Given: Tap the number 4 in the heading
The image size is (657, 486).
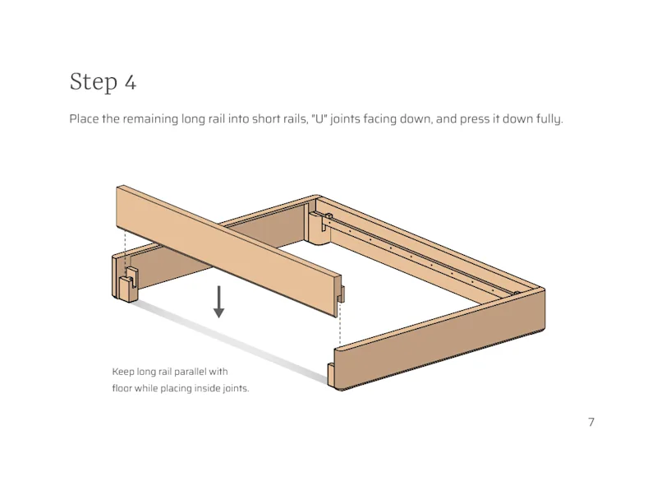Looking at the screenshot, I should click(x=130, y=82).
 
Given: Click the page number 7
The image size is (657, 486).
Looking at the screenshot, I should click(x=590, y=423).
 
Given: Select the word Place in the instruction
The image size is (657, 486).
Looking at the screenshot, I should click(x=83, y=119).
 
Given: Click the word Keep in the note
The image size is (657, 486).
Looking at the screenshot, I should click(x=122, y=372).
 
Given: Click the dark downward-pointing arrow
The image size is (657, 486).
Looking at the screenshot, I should click(x=219, y=302).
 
